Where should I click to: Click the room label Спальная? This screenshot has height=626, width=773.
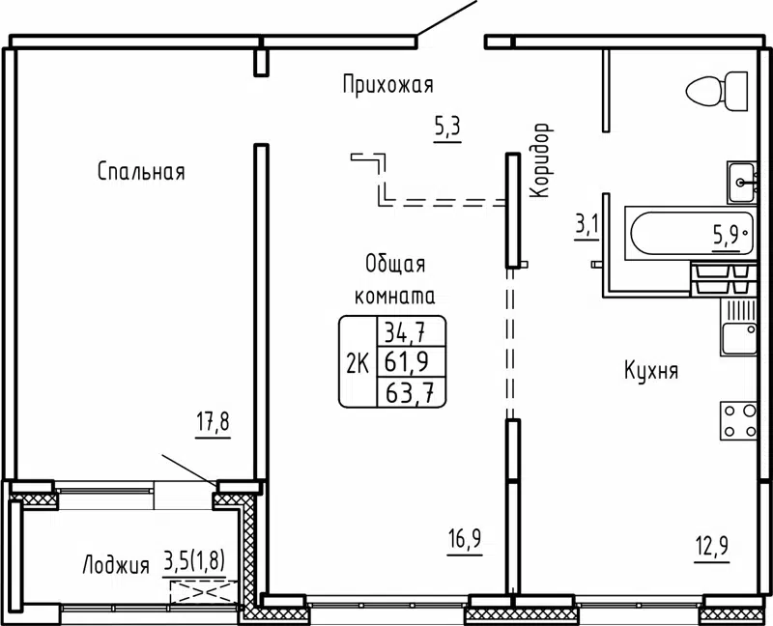[x=141, y=172]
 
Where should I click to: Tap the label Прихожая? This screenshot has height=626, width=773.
[x=386, y=86]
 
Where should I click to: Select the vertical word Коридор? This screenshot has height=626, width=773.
[x=540, y=160]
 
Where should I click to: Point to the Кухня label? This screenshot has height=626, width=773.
[x=650, y=371]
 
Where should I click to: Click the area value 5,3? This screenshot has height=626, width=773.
[x=446, y=126]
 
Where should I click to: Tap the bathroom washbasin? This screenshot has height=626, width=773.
[x=741, y=179]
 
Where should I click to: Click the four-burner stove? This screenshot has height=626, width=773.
[x=738, y=421]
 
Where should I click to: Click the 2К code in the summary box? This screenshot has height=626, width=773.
[x=357, y=362]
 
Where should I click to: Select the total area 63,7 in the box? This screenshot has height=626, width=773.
[x=408, y=391]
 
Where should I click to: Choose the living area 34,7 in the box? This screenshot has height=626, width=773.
[x=408, y=334]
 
